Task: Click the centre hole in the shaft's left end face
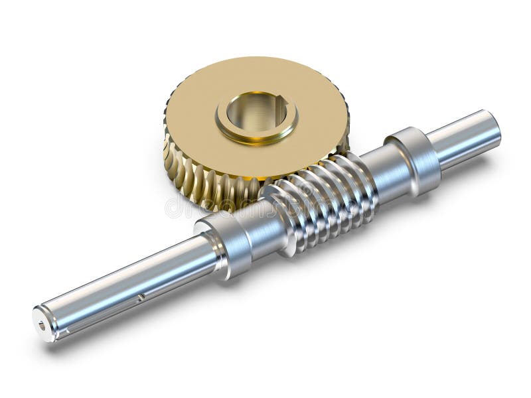(42, 325)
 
